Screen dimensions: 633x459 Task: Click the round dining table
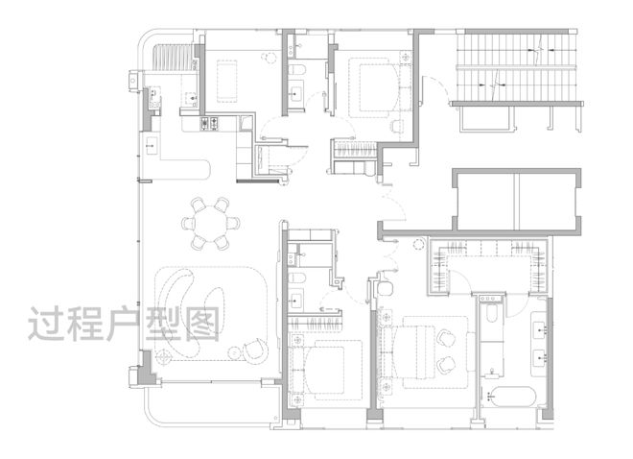coord(210,224)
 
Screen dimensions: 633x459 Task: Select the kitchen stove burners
coord(209,123)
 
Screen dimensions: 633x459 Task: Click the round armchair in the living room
coord(255,350)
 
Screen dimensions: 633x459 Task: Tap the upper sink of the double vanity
coord(541,330)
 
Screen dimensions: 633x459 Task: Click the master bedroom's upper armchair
coord(446,338)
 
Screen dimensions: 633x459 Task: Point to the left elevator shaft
coord(486,202)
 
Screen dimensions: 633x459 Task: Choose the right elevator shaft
coord(547,202)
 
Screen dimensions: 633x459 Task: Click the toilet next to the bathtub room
coord(492,313)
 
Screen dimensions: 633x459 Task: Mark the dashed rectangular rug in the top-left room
coord(226,82)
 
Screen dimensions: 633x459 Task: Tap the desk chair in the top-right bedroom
coord(397,126)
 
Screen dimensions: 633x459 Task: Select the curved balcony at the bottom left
coord(210,405)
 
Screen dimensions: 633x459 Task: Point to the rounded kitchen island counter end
coord(201,169)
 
